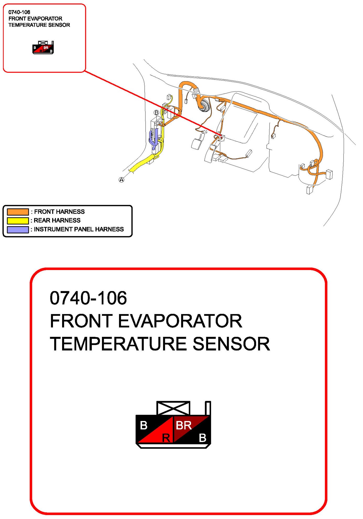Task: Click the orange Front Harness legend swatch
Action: click(x=18, y=212)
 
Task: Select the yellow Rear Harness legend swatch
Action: click(x=18, y=220)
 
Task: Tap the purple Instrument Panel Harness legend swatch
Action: click(x=18, y=229)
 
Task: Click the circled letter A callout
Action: click(x=121, y=180)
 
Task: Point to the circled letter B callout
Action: click(x=156, y=112)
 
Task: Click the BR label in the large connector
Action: click(x=183, y=425)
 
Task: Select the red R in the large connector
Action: click(x=166, y=437)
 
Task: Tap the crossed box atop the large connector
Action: click(x=173, y=408)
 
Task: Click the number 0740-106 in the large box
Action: click(x=88, y=298)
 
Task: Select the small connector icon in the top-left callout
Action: click(x=43, y=47)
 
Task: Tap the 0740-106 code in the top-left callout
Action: click(x=19, y=12)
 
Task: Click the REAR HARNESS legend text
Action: click(x=57, y=220)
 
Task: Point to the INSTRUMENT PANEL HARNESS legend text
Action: click(x=79, y=229)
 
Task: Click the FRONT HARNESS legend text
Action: click(x=59, y=212)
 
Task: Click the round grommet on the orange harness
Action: click(x=204, y=105)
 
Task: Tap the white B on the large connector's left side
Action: click(x=144, y=425)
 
